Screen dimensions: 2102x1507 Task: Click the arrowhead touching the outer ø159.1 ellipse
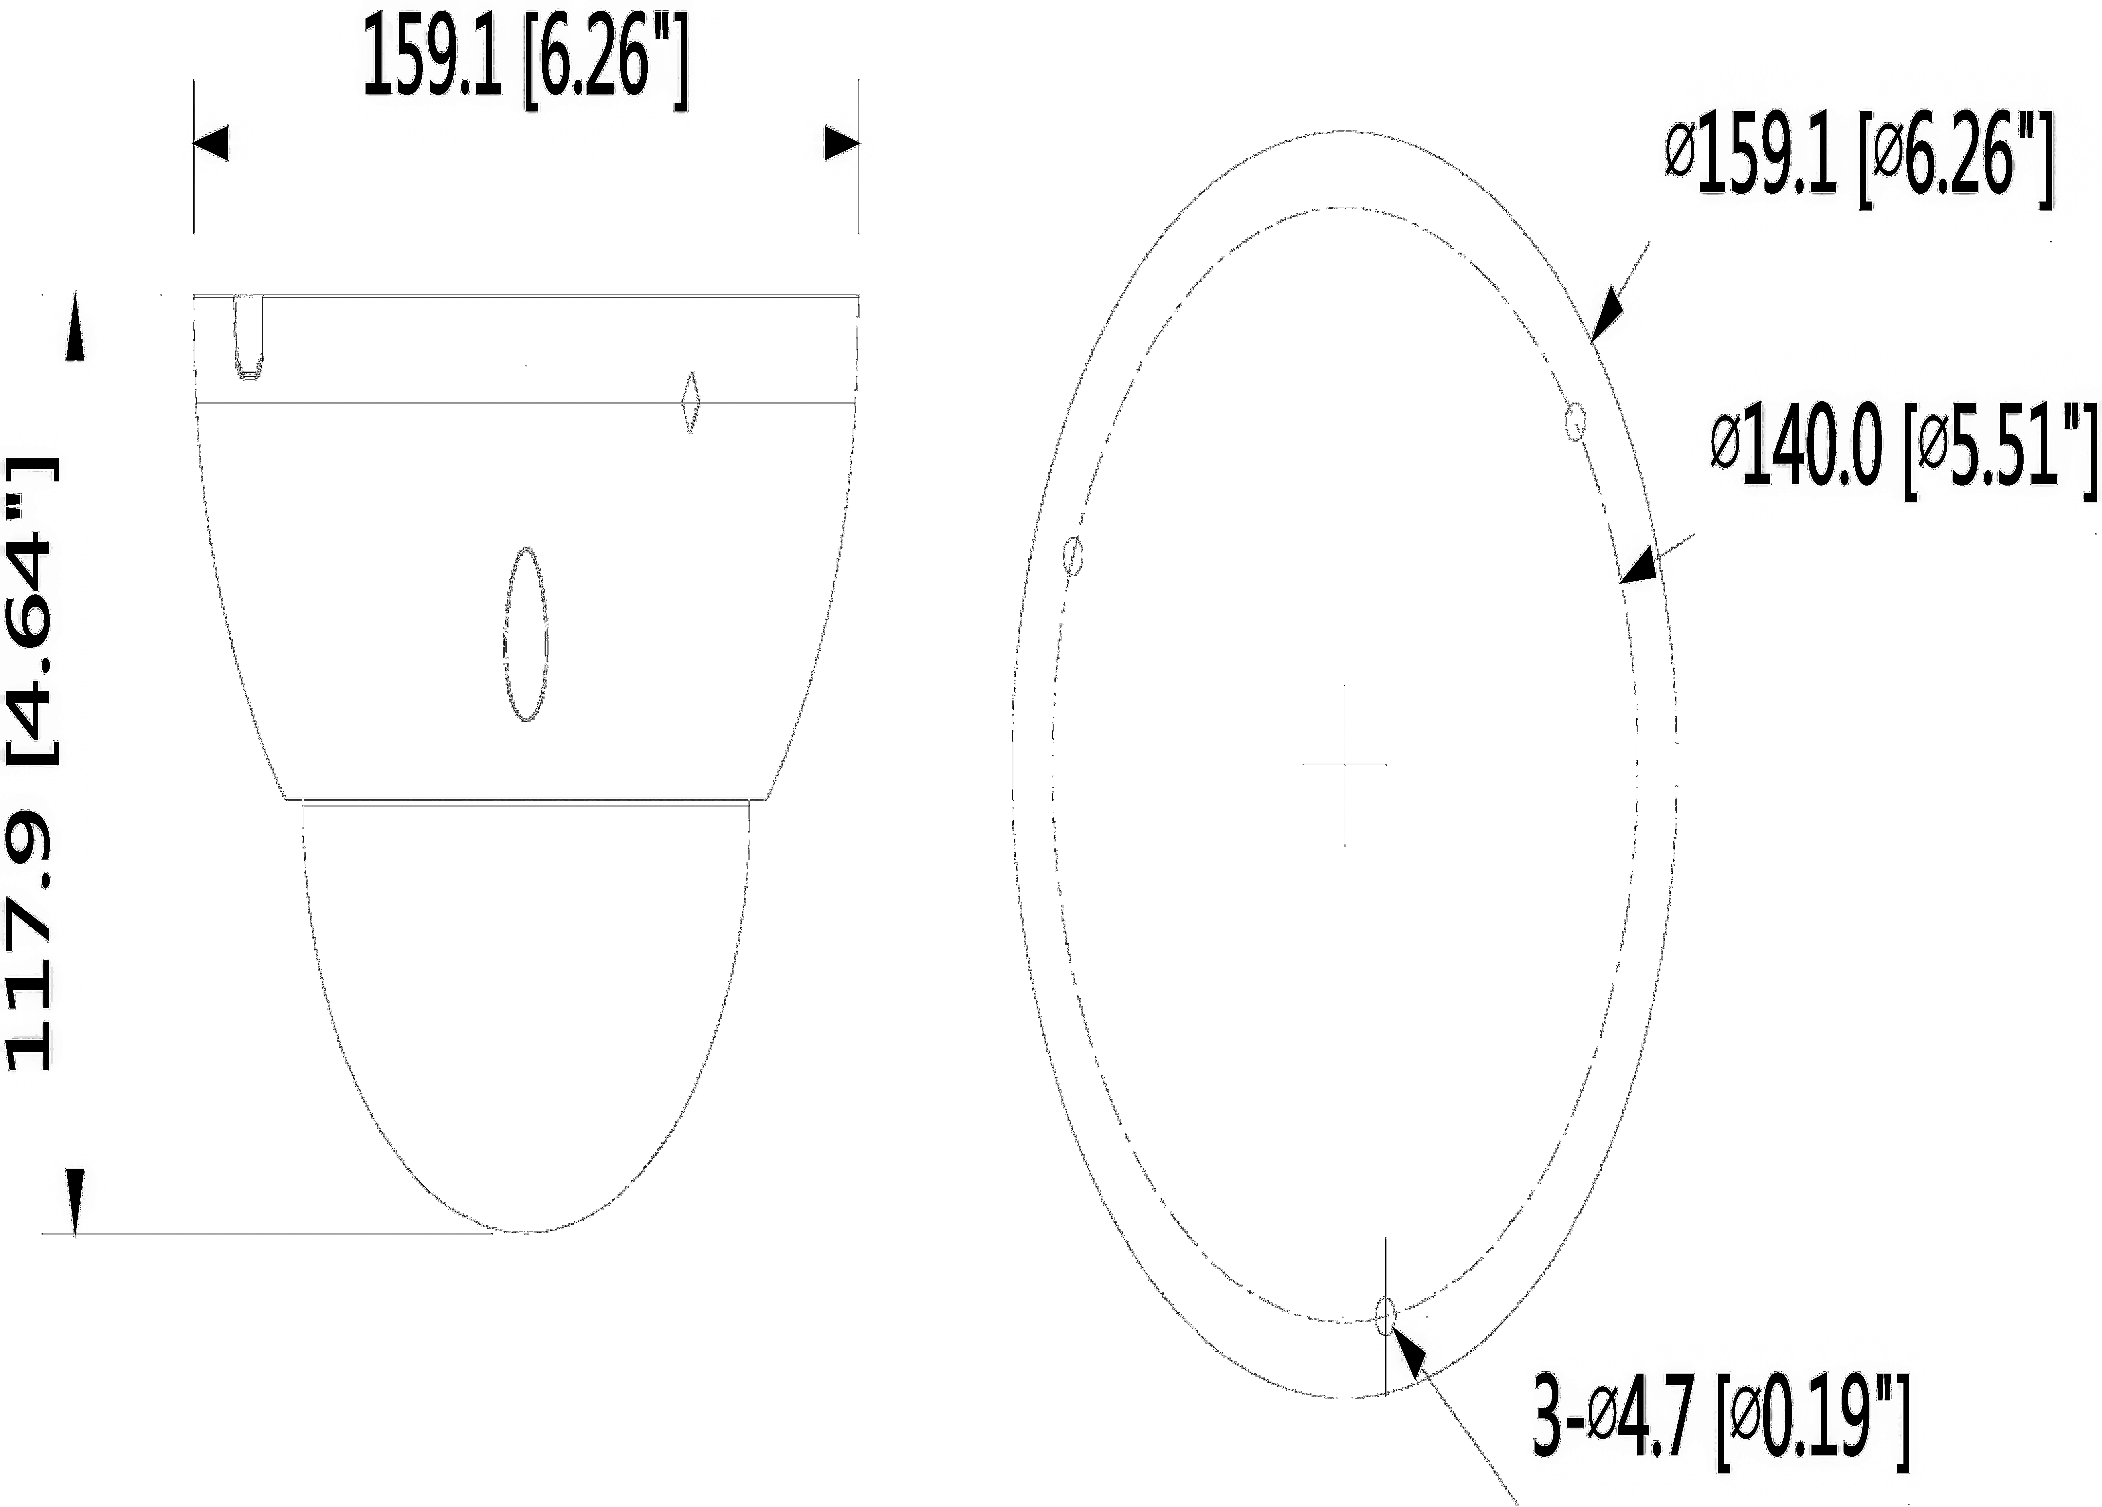1608,315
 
